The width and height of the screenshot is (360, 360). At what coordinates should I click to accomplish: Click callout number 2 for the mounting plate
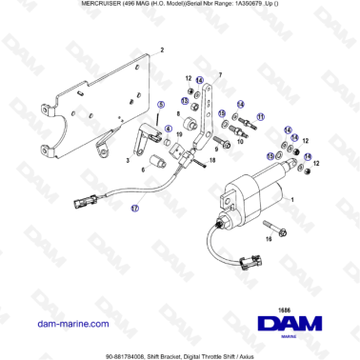pos(162,49)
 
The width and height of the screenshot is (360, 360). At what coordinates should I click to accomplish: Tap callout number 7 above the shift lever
pos(220,73)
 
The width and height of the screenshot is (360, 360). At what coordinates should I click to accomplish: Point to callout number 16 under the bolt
pos(268,240)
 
